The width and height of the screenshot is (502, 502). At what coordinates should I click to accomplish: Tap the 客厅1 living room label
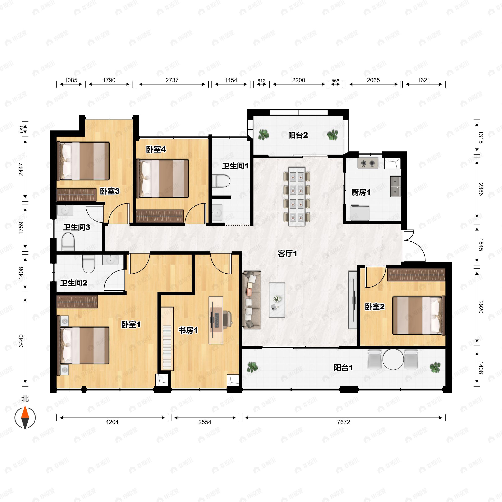pyautogui.click(x=287, y=254)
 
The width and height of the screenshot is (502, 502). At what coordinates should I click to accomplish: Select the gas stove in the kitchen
pyautogui.click(x=368, y=163)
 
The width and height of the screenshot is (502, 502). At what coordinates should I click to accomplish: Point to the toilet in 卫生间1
pyautogui.click(x=221, y=181)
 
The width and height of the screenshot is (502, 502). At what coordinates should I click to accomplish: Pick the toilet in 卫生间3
pyautogui.click(x=68, y=242)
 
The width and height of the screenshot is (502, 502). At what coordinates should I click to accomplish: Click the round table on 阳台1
pyautogui.click(x=393, y=359)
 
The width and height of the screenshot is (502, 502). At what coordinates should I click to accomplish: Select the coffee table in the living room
pyautogui.click(x=277, y=300)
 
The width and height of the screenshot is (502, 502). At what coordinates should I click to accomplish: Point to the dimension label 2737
pyautogui.click(x=172, y=80)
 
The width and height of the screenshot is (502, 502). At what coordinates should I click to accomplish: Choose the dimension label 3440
pyautogui.click(x=21, y=341)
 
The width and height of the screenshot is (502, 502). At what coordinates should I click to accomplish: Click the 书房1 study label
pyautogui.click(x=188, y=330)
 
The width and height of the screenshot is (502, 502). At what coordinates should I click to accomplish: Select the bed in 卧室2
pyautogui.click(x=419, y=315)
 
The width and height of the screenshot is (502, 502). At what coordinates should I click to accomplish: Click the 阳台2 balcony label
pyautogui.click(x=298, y=135)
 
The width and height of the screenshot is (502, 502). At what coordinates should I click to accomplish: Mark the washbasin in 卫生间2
pyautogui.click(x=110, y=260)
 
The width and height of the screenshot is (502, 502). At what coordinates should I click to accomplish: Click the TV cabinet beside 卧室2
pyautogui.click(x=353, y=300)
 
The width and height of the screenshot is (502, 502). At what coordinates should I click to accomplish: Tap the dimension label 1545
pyautogui.click(x=480, y=245)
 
